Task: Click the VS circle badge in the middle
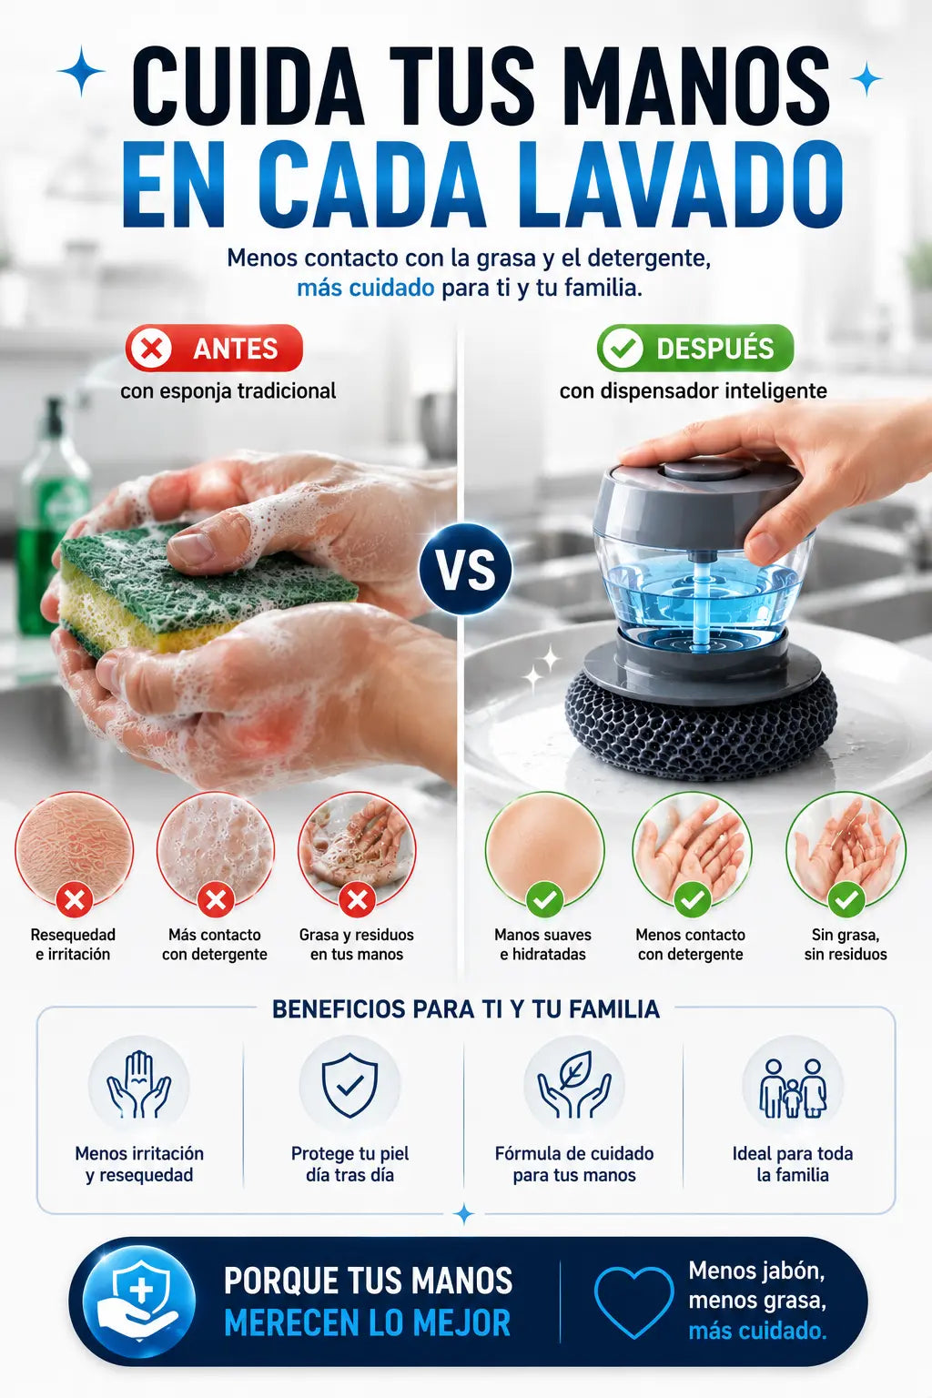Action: [466, 569]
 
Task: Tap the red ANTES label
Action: [214, 349]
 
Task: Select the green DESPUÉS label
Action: [694, 349]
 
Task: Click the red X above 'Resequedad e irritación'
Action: [75, 900]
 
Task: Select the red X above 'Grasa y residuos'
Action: [357, 900]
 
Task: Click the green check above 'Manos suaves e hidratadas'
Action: [544, 900]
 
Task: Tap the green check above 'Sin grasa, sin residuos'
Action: [846, 900]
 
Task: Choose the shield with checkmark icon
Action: [349, 1085]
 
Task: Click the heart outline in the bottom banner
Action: [633, 1303]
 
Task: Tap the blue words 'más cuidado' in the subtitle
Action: [365, 288]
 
